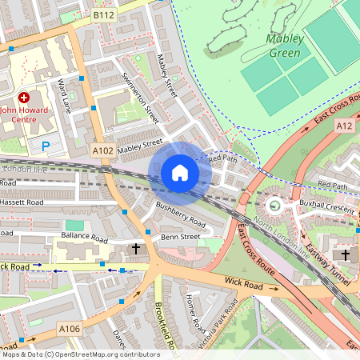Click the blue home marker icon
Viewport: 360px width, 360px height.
(x=180, y=172)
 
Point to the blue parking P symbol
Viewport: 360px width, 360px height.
(x=46, y=146)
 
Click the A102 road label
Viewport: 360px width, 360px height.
(x=103, y=150)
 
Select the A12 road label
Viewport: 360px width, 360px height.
(x=346, y=125)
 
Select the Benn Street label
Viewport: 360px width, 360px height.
(x=179, y=237)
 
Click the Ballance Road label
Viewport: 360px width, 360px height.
(x=84, y=238)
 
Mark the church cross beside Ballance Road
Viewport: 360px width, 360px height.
(x=135, y=250)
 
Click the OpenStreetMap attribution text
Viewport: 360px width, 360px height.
(x=80, y=354)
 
